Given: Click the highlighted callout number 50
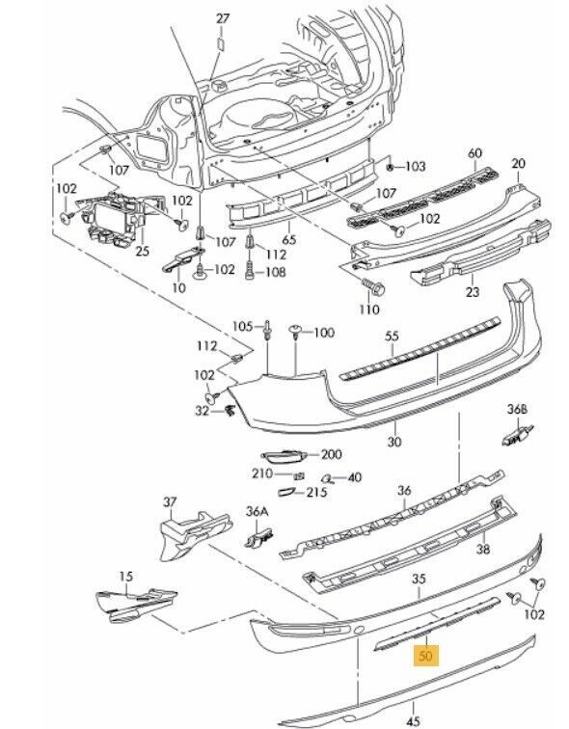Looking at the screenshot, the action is coord(425,656).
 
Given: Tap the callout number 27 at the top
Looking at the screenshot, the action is coord(223,18).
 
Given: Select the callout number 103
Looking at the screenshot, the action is coord(416,166).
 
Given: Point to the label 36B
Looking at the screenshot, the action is coord(517,410).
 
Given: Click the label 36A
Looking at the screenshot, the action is coord(257,512).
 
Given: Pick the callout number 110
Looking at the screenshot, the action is coord(369,310).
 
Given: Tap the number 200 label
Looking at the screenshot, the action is coord(332,454).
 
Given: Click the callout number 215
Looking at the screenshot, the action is coord(316,492).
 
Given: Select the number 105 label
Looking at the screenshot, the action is coord(242,326).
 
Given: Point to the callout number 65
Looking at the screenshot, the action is coord(288,240).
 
